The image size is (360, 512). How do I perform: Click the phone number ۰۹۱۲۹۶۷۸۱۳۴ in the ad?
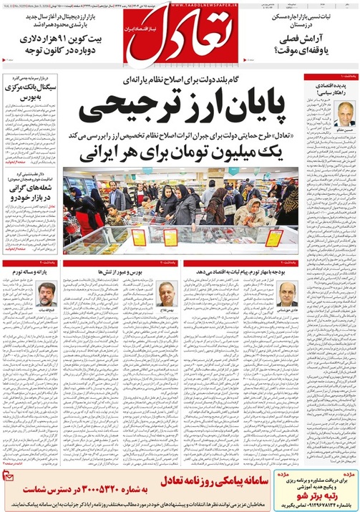315,502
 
